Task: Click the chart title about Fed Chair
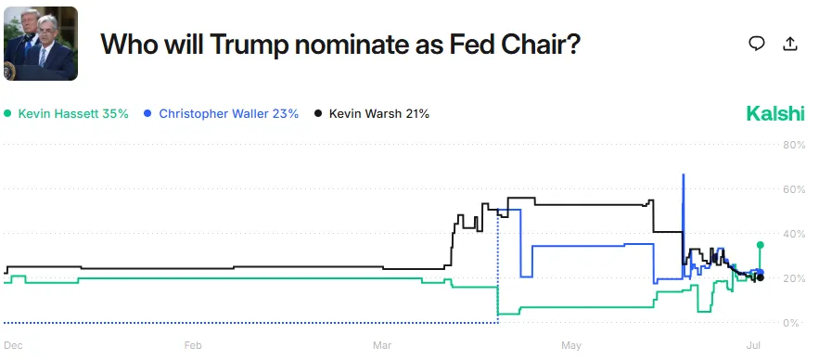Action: pyautogui.click(x=340, y=43)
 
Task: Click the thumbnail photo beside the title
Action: pyautogui.click(x=40, y=43)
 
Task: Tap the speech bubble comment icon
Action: pyautogui.click(x=757, y=43)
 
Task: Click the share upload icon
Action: pyautogui.click(x=790, y=43)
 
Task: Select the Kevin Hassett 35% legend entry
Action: pyautogui.click(x=66, y=114)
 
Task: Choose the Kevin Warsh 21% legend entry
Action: pyautogui.click(x=372, y=114)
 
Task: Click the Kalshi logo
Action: pyautogui.click(x=775, y=114)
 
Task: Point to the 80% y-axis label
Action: pyautogui.click(x=795, y=145)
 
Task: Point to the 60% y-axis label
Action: pyautogui.click(x=795, y=189)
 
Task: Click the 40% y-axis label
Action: pyautogui.click(x=795, y=234)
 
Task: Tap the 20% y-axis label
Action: pyautogui.click(x=795, y=278)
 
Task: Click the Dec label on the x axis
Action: pyautogui.click(x=13, y=345)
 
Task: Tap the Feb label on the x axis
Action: pyautogui.click(x=193, y=345)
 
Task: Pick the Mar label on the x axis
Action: pyautogui.click(x=381, y=345)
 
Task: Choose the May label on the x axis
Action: pyautogui.click(x=571, y=345)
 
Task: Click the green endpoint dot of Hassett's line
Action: pyautogui.click(x=761, y=245)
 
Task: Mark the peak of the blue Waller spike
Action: pyautogui.click(x=684, y=174)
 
